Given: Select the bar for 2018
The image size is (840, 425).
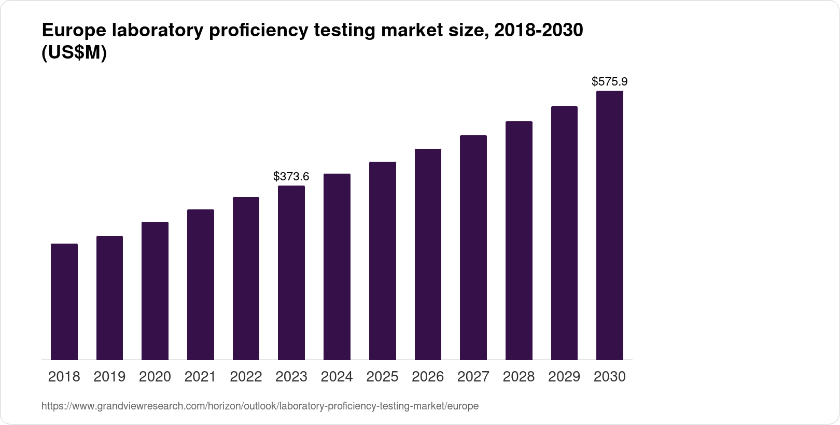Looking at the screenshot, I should click(x=64, y=302).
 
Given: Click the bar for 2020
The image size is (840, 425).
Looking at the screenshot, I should click(x=155, y=291).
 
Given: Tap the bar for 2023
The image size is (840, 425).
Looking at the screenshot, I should click(x=291, y=273).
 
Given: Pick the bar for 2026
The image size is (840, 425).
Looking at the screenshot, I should click(x=428, y=254).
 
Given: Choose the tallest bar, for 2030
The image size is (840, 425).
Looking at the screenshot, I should click(x=610, y=225).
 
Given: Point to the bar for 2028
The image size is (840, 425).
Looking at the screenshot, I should click(x=519, y=240).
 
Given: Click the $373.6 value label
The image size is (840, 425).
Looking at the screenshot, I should click(x=291, y=177).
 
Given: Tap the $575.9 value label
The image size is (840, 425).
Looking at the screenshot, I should click(x=610, y=82).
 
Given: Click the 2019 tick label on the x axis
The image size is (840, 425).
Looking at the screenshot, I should click(x=109, y=377).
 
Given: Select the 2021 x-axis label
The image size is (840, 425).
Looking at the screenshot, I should click(x=200, y=377).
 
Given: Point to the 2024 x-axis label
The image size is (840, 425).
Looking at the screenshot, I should click(x=337, y=377).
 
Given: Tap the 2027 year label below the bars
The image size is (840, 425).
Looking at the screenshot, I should click(x=473, y=377).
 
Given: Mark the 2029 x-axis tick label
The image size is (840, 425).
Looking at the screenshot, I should click(x=564, y=377).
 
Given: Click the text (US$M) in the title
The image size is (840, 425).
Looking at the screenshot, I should click(x=74, y=53).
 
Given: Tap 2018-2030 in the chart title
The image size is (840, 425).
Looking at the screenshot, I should click(x=538, y=31).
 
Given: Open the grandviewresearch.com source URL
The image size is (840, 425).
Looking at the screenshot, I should click(x=260, y=406).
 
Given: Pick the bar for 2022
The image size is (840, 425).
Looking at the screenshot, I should click(x=246, y=278).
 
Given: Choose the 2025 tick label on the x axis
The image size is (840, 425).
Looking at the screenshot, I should click(x=383, y=377).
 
